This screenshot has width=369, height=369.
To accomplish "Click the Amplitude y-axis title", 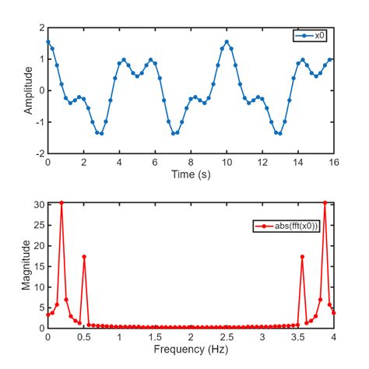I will [29, 90].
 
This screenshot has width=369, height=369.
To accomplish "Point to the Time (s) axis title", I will [191, 174].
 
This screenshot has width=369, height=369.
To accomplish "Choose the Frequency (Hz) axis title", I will [191, 350].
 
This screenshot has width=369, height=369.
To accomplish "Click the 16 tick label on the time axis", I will [334, 163].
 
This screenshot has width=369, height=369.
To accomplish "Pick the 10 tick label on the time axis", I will [227, 163].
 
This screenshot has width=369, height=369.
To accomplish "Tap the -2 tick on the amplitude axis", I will [40, 153].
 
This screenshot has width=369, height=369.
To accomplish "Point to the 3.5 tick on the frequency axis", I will [298, 338].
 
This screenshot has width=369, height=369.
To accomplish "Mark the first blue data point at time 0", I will [48, 42].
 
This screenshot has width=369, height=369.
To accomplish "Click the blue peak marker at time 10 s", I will [227, 42].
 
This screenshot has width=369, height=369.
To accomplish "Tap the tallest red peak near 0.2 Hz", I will [61, 202].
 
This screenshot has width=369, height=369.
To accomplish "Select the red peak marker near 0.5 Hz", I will [84, 257].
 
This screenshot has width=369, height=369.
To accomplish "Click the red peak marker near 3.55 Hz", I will [302, 257].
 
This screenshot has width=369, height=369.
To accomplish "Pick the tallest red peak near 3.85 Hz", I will [325, 202].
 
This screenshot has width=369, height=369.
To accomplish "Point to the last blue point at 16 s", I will [334, 59].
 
